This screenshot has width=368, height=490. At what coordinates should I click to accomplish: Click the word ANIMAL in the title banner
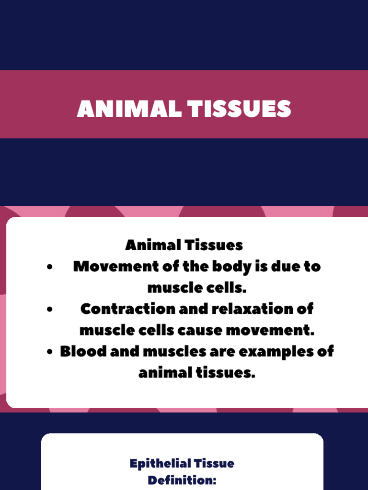129,109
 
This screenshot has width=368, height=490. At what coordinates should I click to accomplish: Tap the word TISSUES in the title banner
239,109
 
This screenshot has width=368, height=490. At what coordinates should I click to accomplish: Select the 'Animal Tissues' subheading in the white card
184,245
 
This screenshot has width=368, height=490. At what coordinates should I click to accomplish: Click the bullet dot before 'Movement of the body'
50,267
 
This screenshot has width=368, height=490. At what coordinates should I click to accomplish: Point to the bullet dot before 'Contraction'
50,310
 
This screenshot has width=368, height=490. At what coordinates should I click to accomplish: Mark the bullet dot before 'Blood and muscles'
50,352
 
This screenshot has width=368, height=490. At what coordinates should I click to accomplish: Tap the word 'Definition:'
182,480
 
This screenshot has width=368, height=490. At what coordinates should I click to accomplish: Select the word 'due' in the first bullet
286,267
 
